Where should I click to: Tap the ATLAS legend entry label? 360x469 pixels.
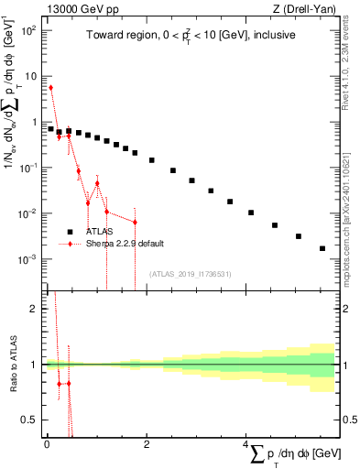[x=102, y=232]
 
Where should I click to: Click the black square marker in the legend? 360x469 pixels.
[x=69, y=232]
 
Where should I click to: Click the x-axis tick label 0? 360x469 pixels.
[x=47, y=442]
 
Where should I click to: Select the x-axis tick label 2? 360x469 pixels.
[x=147, y=442]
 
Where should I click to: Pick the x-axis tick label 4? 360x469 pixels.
[x=248, y=442]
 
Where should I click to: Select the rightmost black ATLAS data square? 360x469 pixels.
[x=322, y=248]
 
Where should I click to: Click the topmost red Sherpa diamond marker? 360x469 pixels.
[x=50, y=88]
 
